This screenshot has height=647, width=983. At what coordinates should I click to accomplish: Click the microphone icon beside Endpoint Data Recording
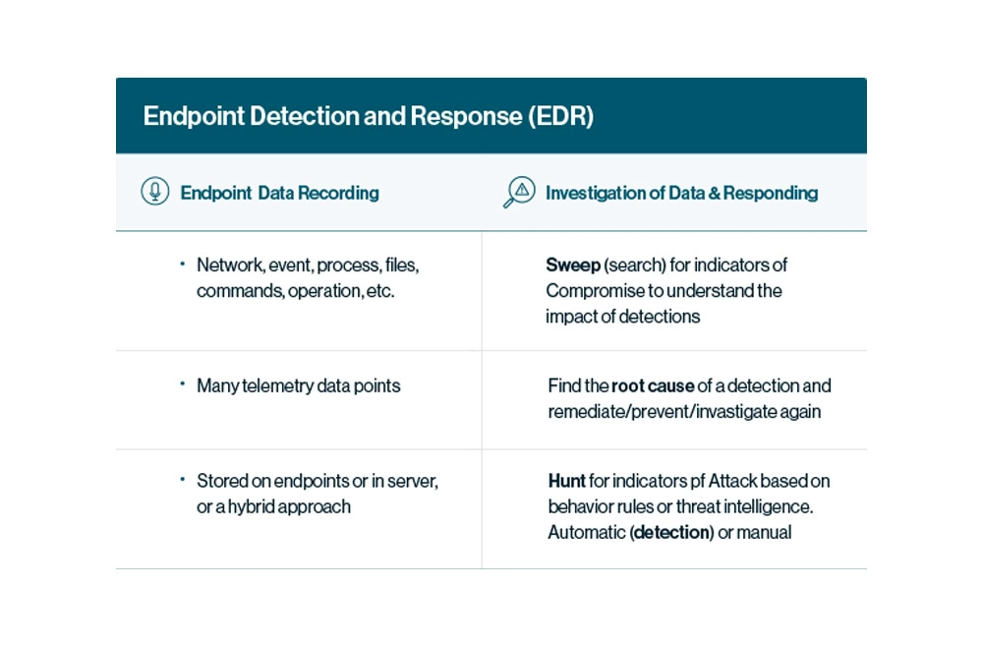(x=155, y=191)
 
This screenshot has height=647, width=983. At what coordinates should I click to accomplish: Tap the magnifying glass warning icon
(x=519, y=192)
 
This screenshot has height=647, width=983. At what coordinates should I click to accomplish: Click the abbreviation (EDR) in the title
(x=560, y=117)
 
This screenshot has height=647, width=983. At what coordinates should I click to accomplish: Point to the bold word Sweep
(x=573, y=265)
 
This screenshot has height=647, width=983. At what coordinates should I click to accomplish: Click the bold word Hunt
(x=567, y=481)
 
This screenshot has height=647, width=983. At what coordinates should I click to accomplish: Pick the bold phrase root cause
(x=653, y=385)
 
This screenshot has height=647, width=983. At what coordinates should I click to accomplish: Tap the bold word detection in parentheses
(x=672, y=532)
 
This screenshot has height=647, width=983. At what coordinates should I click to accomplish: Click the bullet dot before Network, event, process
(x=183, y=264)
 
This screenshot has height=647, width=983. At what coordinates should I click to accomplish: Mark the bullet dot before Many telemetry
(x=183, y=383)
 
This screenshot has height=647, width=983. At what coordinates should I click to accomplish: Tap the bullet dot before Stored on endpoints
(x=183, y=480)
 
